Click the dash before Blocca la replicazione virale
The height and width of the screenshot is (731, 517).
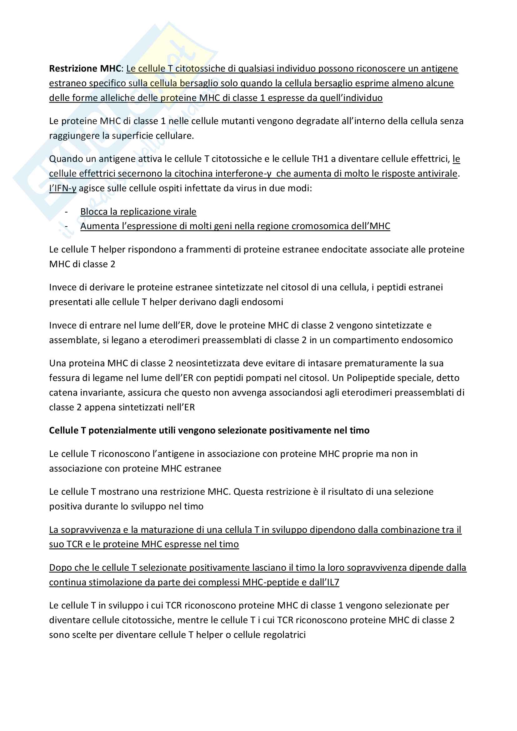[x=66, y=212]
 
